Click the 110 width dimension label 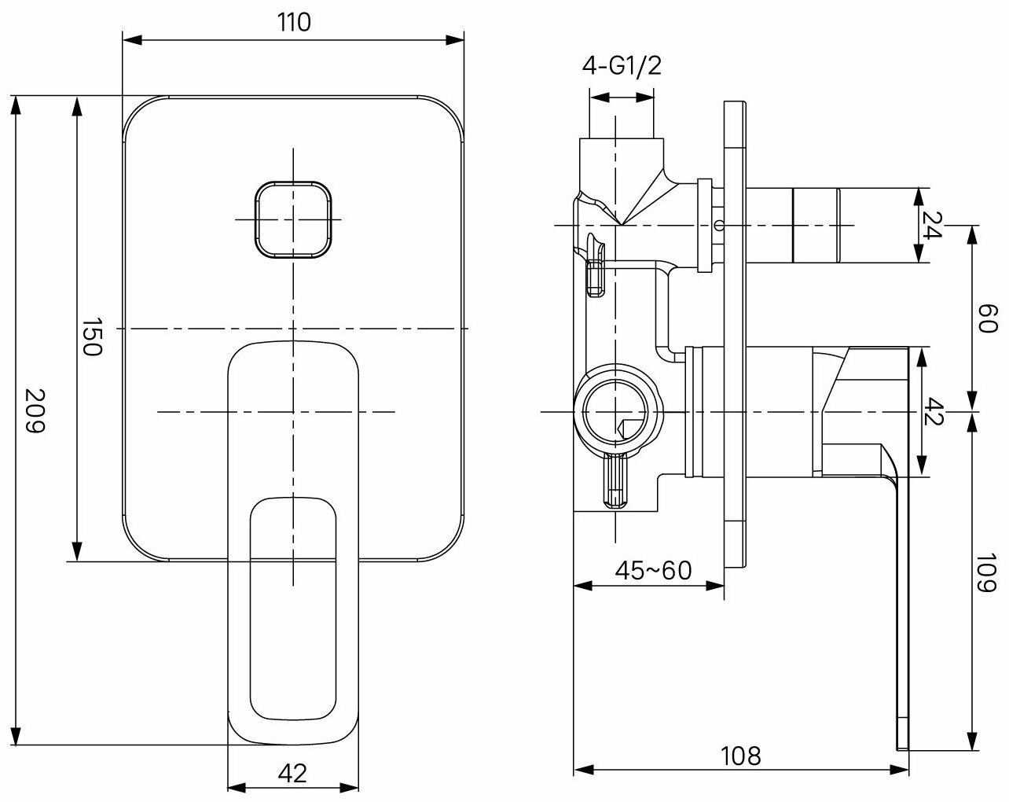click(x=294, y=22)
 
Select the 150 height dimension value click(x=94, y=337)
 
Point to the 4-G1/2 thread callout click(x=622, y=66)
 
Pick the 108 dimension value click(x=741, y=756)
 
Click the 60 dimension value click(x=988, y=318)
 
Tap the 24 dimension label click(x=933, y=226)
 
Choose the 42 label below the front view click(x=292, y=774)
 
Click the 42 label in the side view click(x=933, y=410)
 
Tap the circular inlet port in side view click(x=616, y=411)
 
